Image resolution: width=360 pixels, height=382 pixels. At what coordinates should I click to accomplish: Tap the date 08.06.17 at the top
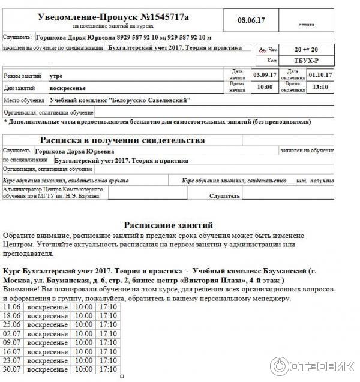[251, 20]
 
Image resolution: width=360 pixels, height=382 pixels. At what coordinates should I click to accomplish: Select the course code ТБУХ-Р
[306, 61]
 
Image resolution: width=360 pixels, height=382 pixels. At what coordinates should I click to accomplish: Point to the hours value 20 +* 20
[307, 49]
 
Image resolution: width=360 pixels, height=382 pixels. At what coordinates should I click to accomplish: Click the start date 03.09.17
[264, 75]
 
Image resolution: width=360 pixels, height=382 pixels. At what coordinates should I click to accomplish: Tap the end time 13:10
[320, 87]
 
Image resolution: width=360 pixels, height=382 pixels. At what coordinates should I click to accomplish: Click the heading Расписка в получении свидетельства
[122, 140]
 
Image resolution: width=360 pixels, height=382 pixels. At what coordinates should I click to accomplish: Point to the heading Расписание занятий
[168, 225]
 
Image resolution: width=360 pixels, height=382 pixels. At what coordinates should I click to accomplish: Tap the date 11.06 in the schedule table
[12, 307]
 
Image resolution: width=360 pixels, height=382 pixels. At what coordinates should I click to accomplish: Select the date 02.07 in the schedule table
[12, 333]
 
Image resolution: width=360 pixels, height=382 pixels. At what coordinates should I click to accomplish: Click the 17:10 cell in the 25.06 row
[108, 324]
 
